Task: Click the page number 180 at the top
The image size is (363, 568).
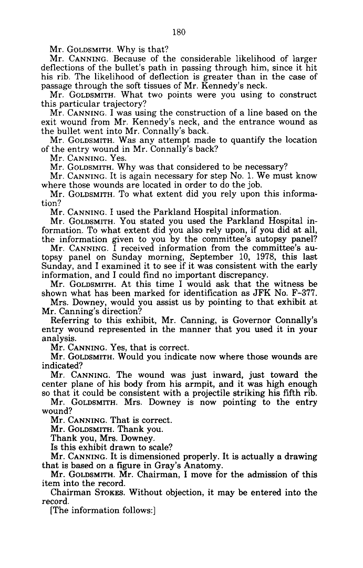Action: [x=179, y=32]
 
